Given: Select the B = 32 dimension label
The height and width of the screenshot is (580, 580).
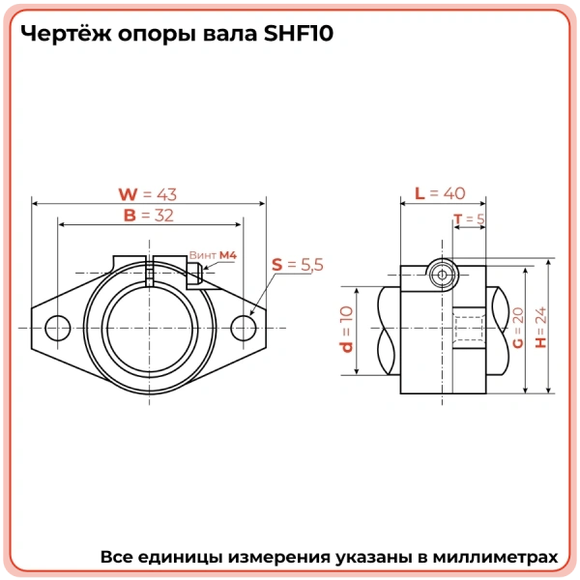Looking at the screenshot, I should click(x=148, y=216).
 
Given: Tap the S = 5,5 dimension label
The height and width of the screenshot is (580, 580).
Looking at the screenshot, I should click(x=297, y=264).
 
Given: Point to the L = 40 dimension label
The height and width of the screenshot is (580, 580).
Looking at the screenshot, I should click(x=440, y=193).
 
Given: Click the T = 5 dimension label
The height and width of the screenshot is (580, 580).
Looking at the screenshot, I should click(x=469, y=219).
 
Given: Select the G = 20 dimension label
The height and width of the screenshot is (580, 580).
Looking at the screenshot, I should click(x=518, y=329).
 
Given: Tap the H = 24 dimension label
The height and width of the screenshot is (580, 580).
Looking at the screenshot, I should click(x=540, y=328).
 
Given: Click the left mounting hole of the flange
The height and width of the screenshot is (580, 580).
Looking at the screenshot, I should click(x=57, y=328).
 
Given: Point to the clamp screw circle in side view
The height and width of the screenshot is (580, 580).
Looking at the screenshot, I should click(x=441, y=274).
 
